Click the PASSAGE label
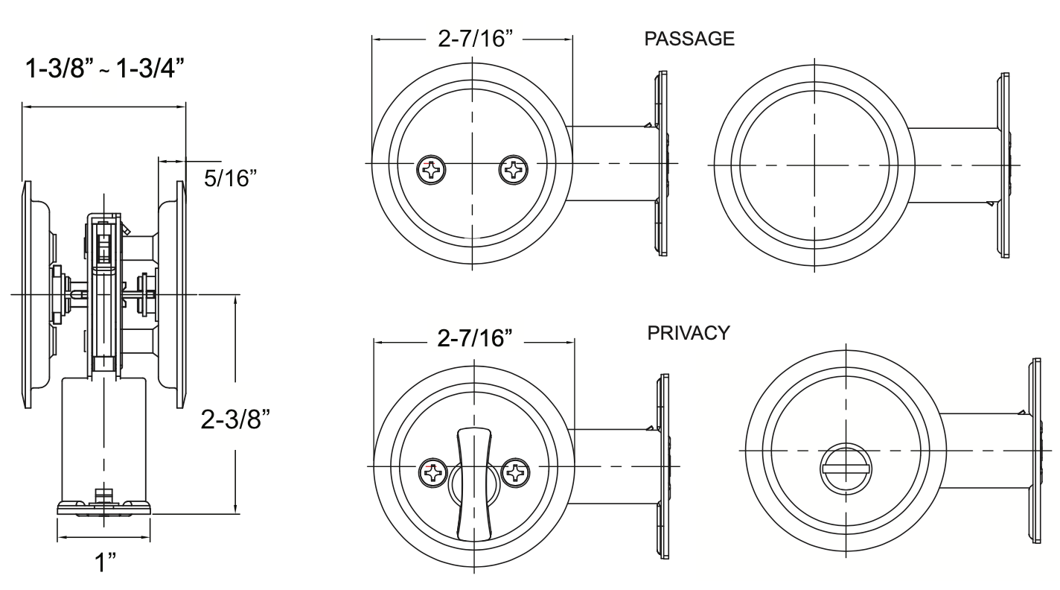pos(689,39)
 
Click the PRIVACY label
pos(689,333)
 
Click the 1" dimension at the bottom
pos(103,562)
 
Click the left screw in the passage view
pos(430,170)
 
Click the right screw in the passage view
pos(514,170)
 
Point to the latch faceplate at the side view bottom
pos(103,509)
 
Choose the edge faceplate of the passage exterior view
pos(1005,164)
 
